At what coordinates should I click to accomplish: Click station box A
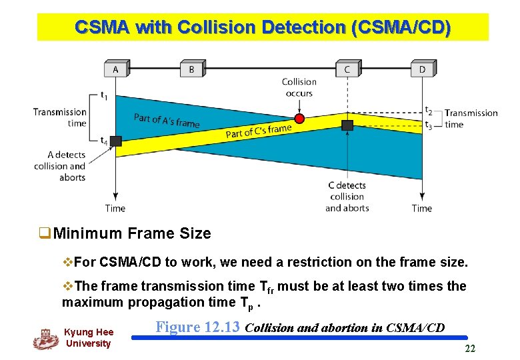[x=116, y=69]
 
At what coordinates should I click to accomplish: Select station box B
[x=192, y=69]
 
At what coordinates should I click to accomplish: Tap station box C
[x=347, y=69]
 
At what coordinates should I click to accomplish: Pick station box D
[x=422, y=69]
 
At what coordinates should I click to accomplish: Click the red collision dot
[x=299, y=119]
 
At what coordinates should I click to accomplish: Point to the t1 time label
[x=104, y=95]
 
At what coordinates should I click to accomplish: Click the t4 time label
[x=104, y=141]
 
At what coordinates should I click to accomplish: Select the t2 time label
[x=429, y=111]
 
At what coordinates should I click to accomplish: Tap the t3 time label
[x=429, y=125]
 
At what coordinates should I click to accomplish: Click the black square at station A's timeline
[x=116, y=141]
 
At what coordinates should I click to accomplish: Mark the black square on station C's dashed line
[x=347, y=125]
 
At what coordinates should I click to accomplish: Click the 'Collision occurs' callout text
[x=299, y=87]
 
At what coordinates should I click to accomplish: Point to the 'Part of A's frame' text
[x=167, y=121]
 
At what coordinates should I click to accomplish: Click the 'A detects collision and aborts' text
[x=60, y=166]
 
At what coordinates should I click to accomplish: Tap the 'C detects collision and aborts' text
[x=347, y=196]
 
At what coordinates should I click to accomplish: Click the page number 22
[x=470, y=349]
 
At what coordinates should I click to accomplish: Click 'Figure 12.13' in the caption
[x=198, y=327]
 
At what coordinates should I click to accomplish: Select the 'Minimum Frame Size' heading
[x=131, y=233]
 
